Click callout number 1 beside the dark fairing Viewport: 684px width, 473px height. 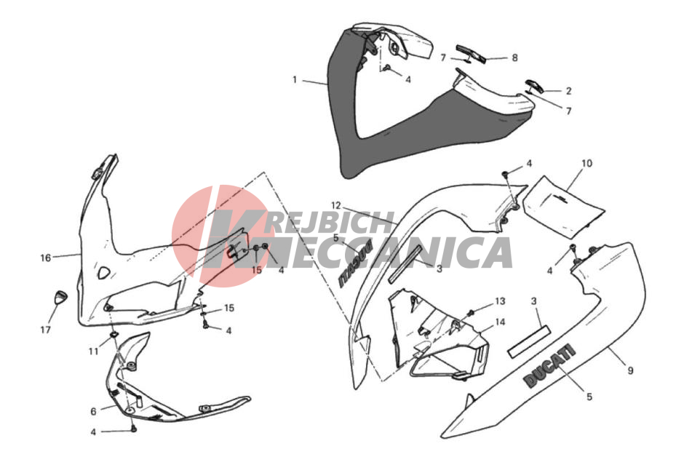point(295,79)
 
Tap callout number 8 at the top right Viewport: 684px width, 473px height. point(514,57)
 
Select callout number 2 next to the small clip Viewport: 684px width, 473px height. point(568,91)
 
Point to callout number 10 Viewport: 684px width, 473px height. point(586,163)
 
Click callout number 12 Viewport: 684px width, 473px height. point(336,205)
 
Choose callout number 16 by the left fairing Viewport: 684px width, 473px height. point(46,258)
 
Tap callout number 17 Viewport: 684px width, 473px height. point(46,330)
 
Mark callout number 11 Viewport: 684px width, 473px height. point(94,351)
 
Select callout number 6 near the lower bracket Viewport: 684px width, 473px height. point(93,411)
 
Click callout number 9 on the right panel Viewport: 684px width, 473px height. point(630,370)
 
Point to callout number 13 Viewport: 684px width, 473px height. point(500,301)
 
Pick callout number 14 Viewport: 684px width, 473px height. point(500,322)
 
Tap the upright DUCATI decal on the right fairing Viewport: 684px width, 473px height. point(549,365)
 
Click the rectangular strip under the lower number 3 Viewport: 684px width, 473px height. point(529,341)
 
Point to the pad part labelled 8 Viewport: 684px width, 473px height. point(471,53)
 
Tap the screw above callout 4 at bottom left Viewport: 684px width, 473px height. point(134,429)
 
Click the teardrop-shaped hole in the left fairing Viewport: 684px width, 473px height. point(104,273)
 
